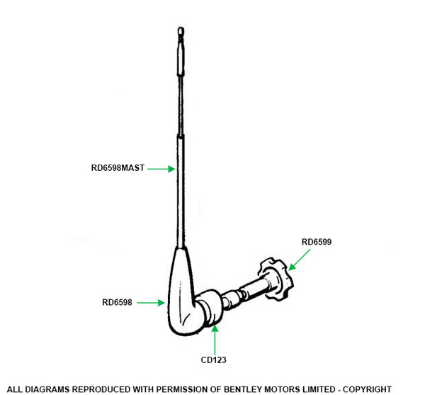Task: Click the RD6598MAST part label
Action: pyautogui.click(x=118, y=168)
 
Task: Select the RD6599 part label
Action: pyautogui.click(x=316, y=242)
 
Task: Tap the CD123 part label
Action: pyautogui.click(x=213, y=360)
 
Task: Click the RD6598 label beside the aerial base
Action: pyautogui.click(x=118, y=302)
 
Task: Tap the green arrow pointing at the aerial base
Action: pyautogui.click(x=149, y=302)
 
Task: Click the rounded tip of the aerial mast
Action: pyautogui.click(x=181, y=31)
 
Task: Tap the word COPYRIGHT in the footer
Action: pyautogui.click(x=363, y=389)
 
